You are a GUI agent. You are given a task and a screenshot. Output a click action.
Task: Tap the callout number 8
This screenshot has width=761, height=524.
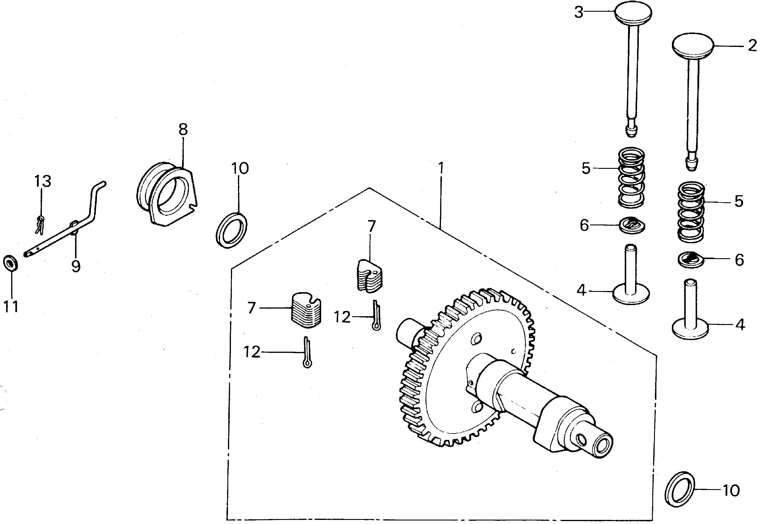click(x=183, y=129)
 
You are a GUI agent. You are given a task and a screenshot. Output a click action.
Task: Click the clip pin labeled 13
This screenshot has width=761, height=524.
click(x=40, y=225)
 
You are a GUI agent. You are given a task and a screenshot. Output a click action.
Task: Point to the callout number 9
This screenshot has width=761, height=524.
click(x=76, y=266)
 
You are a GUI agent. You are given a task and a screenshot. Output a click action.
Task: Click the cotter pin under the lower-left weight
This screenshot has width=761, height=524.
click(x=307, y=352)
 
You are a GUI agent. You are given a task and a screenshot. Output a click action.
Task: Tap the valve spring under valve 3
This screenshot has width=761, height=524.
click(x=631, y=178)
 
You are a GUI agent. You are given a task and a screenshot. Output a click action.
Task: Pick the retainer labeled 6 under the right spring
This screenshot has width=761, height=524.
click(x=691, y=260)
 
